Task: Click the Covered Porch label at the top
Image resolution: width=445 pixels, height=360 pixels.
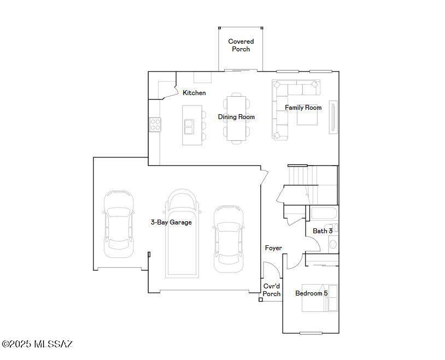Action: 241,45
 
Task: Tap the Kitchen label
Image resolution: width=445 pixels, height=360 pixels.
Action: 194,93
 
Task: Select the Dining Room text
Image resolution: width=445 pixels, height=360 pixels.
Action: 236,117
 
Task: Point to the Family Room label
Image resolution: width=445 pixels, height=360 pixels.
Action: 303,108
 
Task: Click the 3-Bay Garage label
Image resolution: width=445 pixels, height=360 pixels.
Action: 171,222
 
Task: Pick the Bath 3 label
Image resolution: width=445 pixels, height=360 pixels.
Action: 323,231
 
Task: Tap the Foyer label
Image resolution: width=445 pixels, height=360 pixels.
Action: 273,248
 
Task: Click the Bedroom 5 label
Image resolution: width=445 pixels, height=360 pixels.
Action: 312,293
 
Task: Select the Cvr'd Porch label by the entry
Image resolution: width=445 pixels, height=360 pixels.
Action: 272,290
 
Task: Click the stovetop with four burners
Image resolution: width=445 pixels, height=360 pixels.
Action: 155,125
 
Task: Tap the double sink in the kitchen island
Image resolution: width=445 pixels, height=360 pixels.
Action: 189,126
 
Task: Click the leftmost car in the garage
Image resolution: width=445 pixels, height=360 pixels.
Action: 119,223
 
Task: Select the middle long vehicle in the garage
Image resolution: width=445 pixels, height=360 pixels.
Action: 183,235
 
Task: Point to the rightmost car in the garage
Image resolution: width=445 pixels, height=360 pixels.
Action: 227,239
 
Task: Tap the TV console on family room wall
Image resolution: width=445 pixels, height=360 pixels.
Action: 333,117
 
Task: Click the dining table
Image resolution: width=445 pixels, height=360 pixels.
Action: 236,118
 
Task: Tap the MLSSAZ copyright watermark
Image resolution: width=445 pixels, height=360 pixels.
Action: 37,344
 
